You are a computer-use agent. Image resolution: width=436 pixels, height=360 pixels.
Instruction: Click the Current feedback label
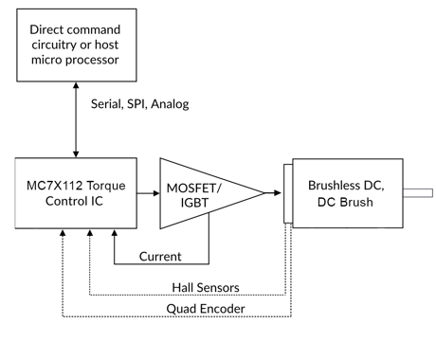click(161, 257)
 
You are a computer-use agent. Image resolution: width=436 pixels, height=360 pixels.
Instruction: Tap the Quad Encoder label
click(203, 309)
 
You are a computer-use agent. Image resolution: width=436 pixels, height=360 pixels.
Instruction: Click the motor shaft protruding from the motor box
click(416, 193)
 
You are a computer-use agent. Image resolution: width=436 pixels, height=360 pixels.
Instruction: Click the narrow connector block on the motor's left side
click(286, 193)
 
